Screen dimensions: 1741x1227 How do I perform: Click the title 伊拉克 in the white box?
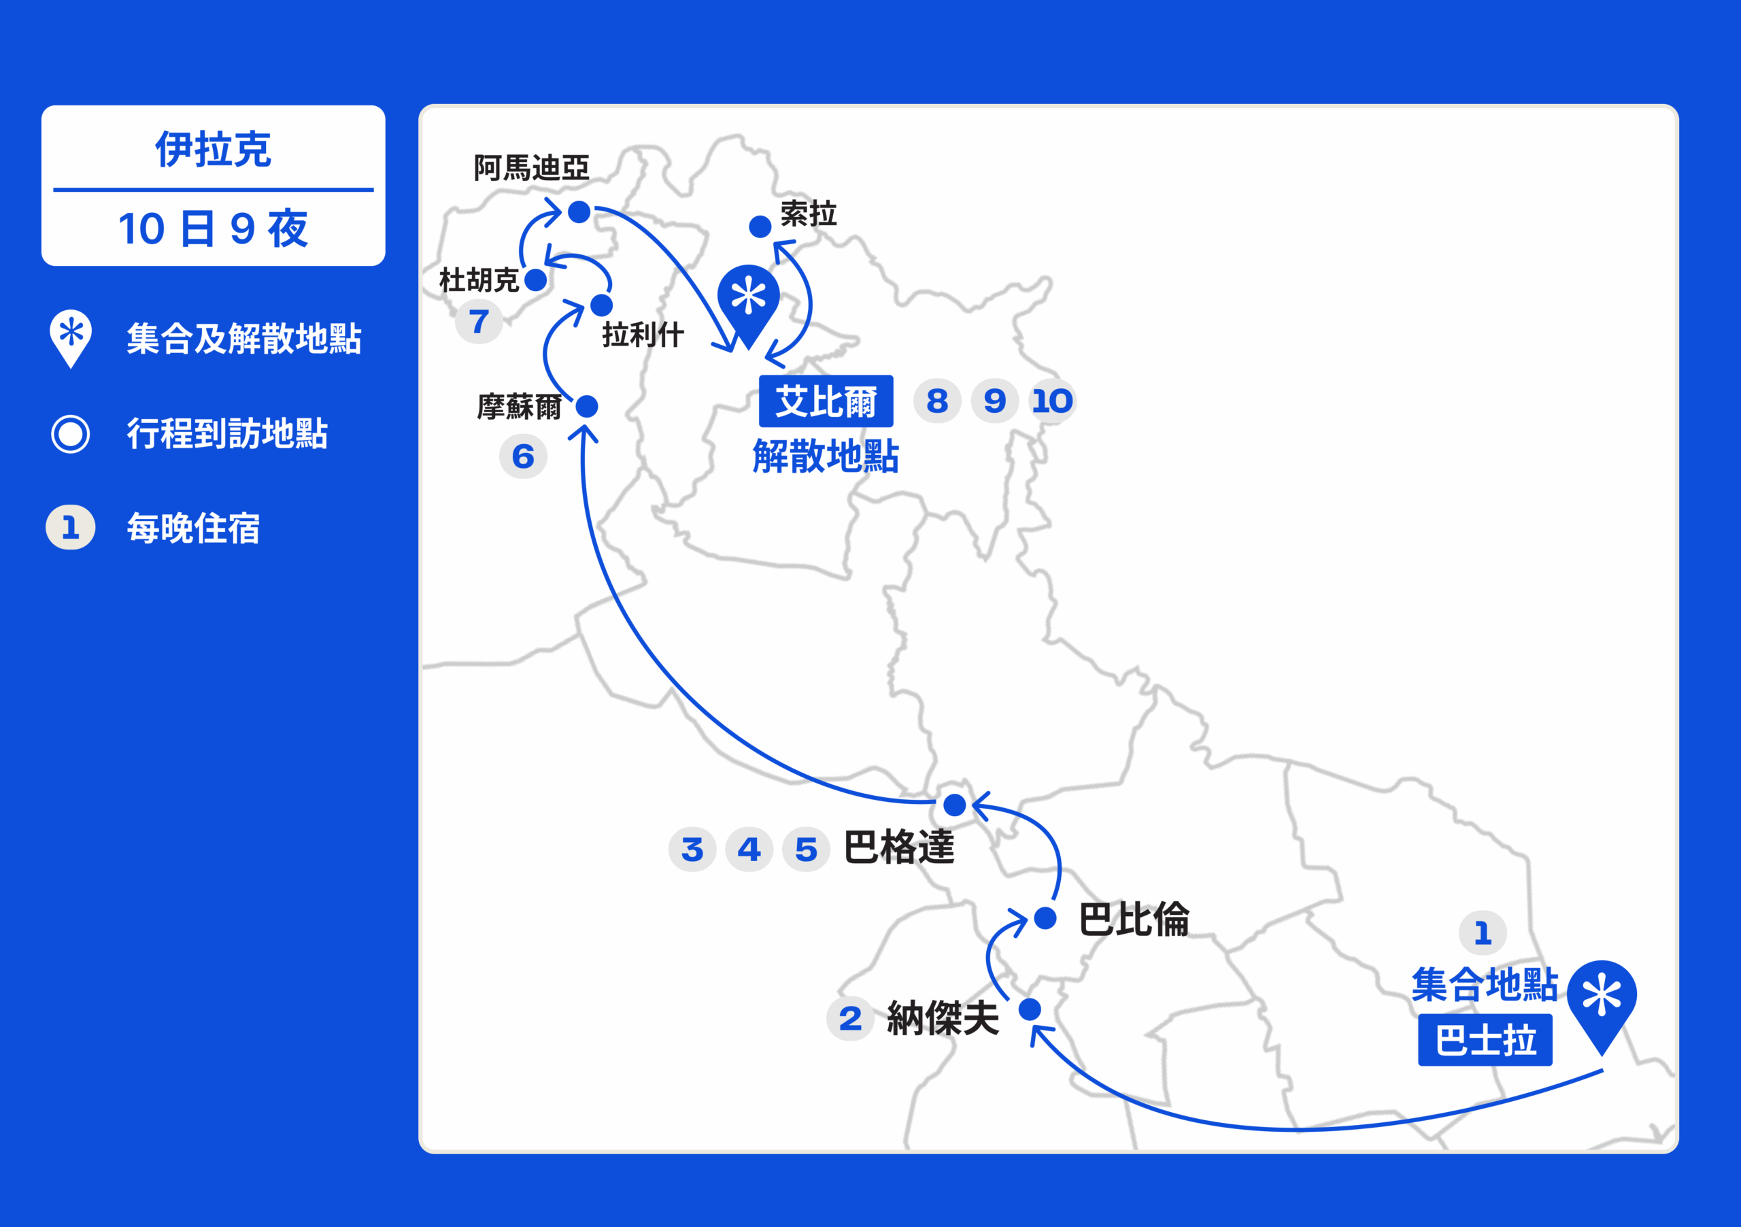point(213,149)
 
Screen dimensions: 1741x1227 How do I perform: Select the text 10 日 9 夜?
point(213,229)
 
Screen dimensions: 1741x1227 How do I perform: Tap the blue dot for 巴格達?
point(955,805)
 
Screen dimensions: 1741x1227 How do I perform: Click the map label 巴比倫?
point(1134,918)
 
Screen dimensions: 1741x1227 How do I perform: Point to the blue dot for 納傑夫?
point(1030,1009)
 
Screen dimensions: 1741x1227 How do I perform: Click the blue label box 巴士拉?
point(1485,1040)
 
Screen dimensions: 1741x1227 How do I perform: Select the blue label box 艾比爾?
point(826,401)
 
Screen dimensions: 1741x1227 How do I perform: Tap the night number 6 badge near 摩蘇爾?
point(523,456)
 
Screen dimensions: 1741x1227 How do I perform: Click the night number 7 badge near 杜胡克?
point(479,322)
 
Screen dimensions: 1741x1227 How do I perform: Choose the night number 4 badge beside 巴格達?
point(749,850)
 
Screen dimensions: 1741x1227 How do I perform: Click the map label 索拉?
point(809,214)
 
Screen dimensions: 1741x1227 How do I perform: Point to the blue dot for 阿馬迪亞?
point(579,212)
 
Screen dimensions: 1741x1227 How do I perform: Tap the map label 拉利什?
point(643,335)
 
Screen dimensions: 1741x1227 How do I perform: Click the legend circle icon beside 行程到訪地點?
point(71,434)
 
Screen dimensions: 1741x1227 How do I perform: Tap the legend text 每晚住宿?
point(193,528)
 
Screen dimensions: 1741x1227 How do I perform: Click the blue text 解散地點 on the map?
point(826,456)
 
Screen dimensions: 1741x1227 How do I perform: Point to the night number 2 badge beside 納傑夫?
point(850,1018)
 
